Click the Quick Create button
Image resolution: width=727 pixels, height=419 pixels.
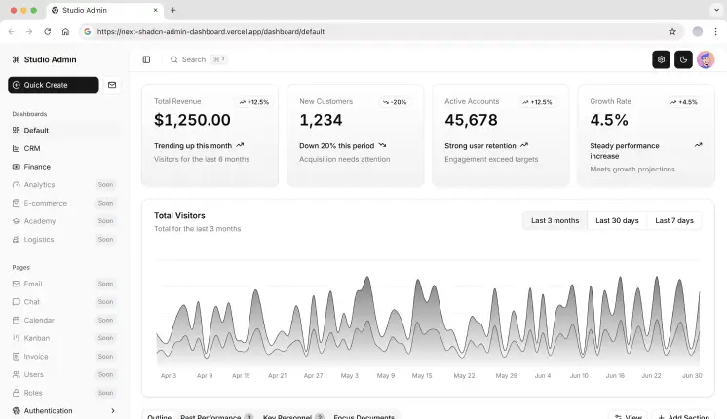tap(53, 85)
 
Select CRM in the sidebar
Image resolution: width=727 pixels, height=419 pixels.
tap(32, 148)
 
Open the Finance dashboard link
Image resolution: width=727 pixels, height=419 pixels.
tap(37, 167)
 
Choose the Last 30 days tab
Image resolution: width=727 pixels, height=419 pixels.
tap(617, 221)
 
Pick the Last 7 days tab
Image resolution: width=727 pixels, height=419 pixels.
tap(674, 221)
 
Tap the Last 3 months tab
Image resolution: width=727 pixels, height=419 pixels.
tap(555, 221)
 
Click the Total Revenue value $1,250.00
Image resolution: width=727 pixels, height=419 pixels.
tap(192, 120)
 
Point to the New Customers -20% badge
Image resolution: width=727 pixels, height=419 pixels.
tap(395, 101)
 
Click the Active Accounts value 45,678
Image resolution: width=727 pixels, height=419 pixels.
tap(471, 120)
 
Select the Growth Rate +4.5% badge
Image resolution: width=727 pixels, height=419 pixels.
tap(683, 101)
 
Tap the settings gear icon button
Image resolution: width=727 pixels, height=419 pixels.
tap(661, 59)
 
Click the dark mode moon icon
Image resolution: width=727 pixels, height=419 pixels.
tap(683, 59)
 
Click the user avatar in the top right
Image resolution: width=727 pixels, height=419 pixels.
tap(706, 59)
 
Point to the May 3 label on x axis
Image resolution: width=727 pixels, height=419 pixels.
tap(349, 375)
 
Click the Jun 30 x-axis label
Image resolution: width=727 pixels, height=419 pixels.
tap(691, 375)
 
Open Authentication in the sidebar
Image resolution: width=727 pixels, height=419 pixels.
tap(49, 411)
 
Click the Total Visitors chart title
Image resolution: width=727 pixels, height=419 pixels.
tap(179, 215)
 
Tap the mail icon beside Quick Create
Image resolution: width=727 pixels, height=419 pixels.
tap(112, 85)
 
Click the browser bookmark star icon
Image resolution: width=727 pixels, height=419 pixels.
tap(672, 31)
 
